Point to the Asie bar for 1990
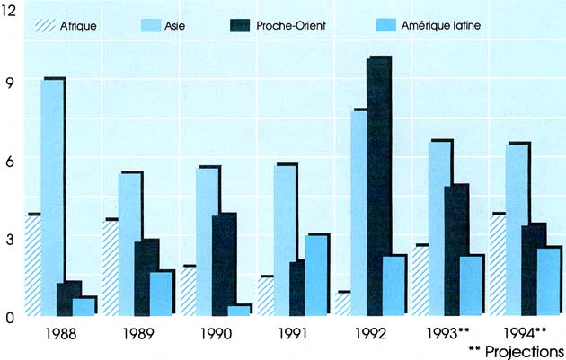(208, 241)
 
